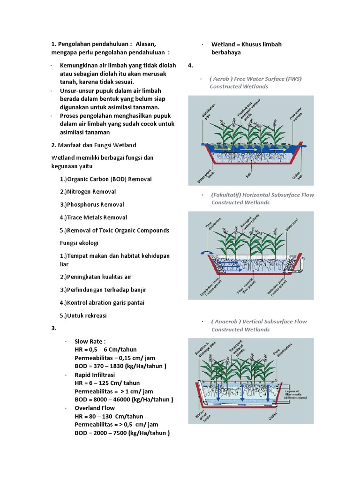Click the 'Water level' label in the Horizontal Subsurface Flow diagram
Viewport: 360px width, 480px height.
click(290, 225)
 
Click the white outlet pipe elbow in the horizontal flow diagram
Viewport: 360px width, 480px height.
click(302, 269)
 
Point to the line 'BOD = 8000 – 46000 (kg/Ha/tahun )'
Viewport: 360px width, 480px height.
click(124, 399)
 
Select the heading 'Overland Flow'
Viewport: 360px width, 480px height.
click(95, 408)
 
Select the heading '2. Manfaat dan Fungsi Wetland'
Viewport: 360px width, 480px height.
click(94, 145)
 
